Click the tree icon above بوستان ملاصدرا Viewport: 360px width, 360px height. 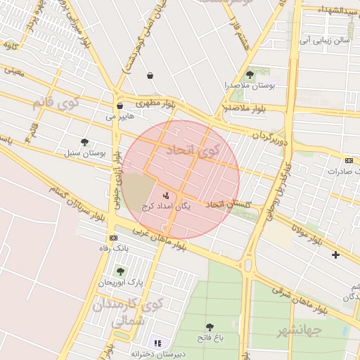pyautogui.click(x=250, y=75)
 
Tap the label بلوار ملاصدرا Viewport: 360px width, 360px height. pyautogui.click(x=244, y=108)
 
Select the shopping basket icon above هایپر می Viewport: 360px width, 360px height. pyautogui.click(x=120, y=106)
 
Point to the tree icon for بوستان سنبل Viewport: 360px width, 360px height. pyautogui.click(x=85, y=142)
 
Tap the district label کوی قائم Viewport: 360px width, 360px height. pyautogui.click(x=56, y=103)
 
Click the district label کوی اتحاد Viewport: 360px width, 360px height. pyautogui.click(x=193, y=150)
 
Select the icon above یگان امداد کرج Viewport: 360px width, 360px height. pyautogui.click(x=166, y=195)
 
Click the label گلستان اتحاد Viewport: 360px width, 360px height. pyautogui.click(x=229, y=204)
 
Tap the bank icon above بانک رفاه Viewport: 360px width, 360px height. pyautogui.click(x=113, y=238)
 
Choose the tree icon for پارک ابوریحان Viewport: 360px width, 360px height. pyautogui.click(x=120, y=271)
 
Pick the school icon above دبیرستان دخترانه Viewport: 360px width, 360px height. pyautogui.click(x=158, y=343)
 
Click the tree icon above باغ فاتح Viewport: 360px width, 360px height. pyautogui.click(x=210, y=327)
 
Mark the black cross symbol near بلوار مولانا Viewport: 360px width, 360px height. pyautogui.click(x=335, y=255)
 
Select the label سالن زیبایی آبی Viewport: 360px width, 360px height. pyautogui.click(x=325, y=40)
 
